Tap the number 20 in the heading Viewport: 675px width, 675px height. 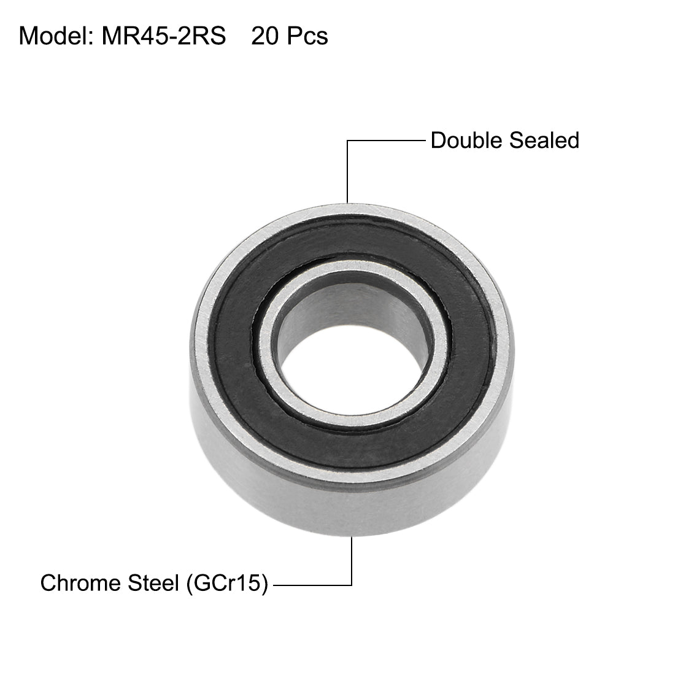(264, 36)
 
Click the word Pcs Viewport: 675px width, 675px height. (307, 36)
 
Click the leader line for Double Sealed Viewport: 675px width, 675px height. (387, 141)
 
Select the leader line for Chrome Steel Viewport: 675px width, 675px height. (313, 585)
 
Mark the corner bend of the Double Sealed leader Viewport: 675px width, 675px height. (347, 141)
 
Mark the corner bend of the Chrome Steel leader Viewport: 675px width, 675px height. (352, 585)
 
